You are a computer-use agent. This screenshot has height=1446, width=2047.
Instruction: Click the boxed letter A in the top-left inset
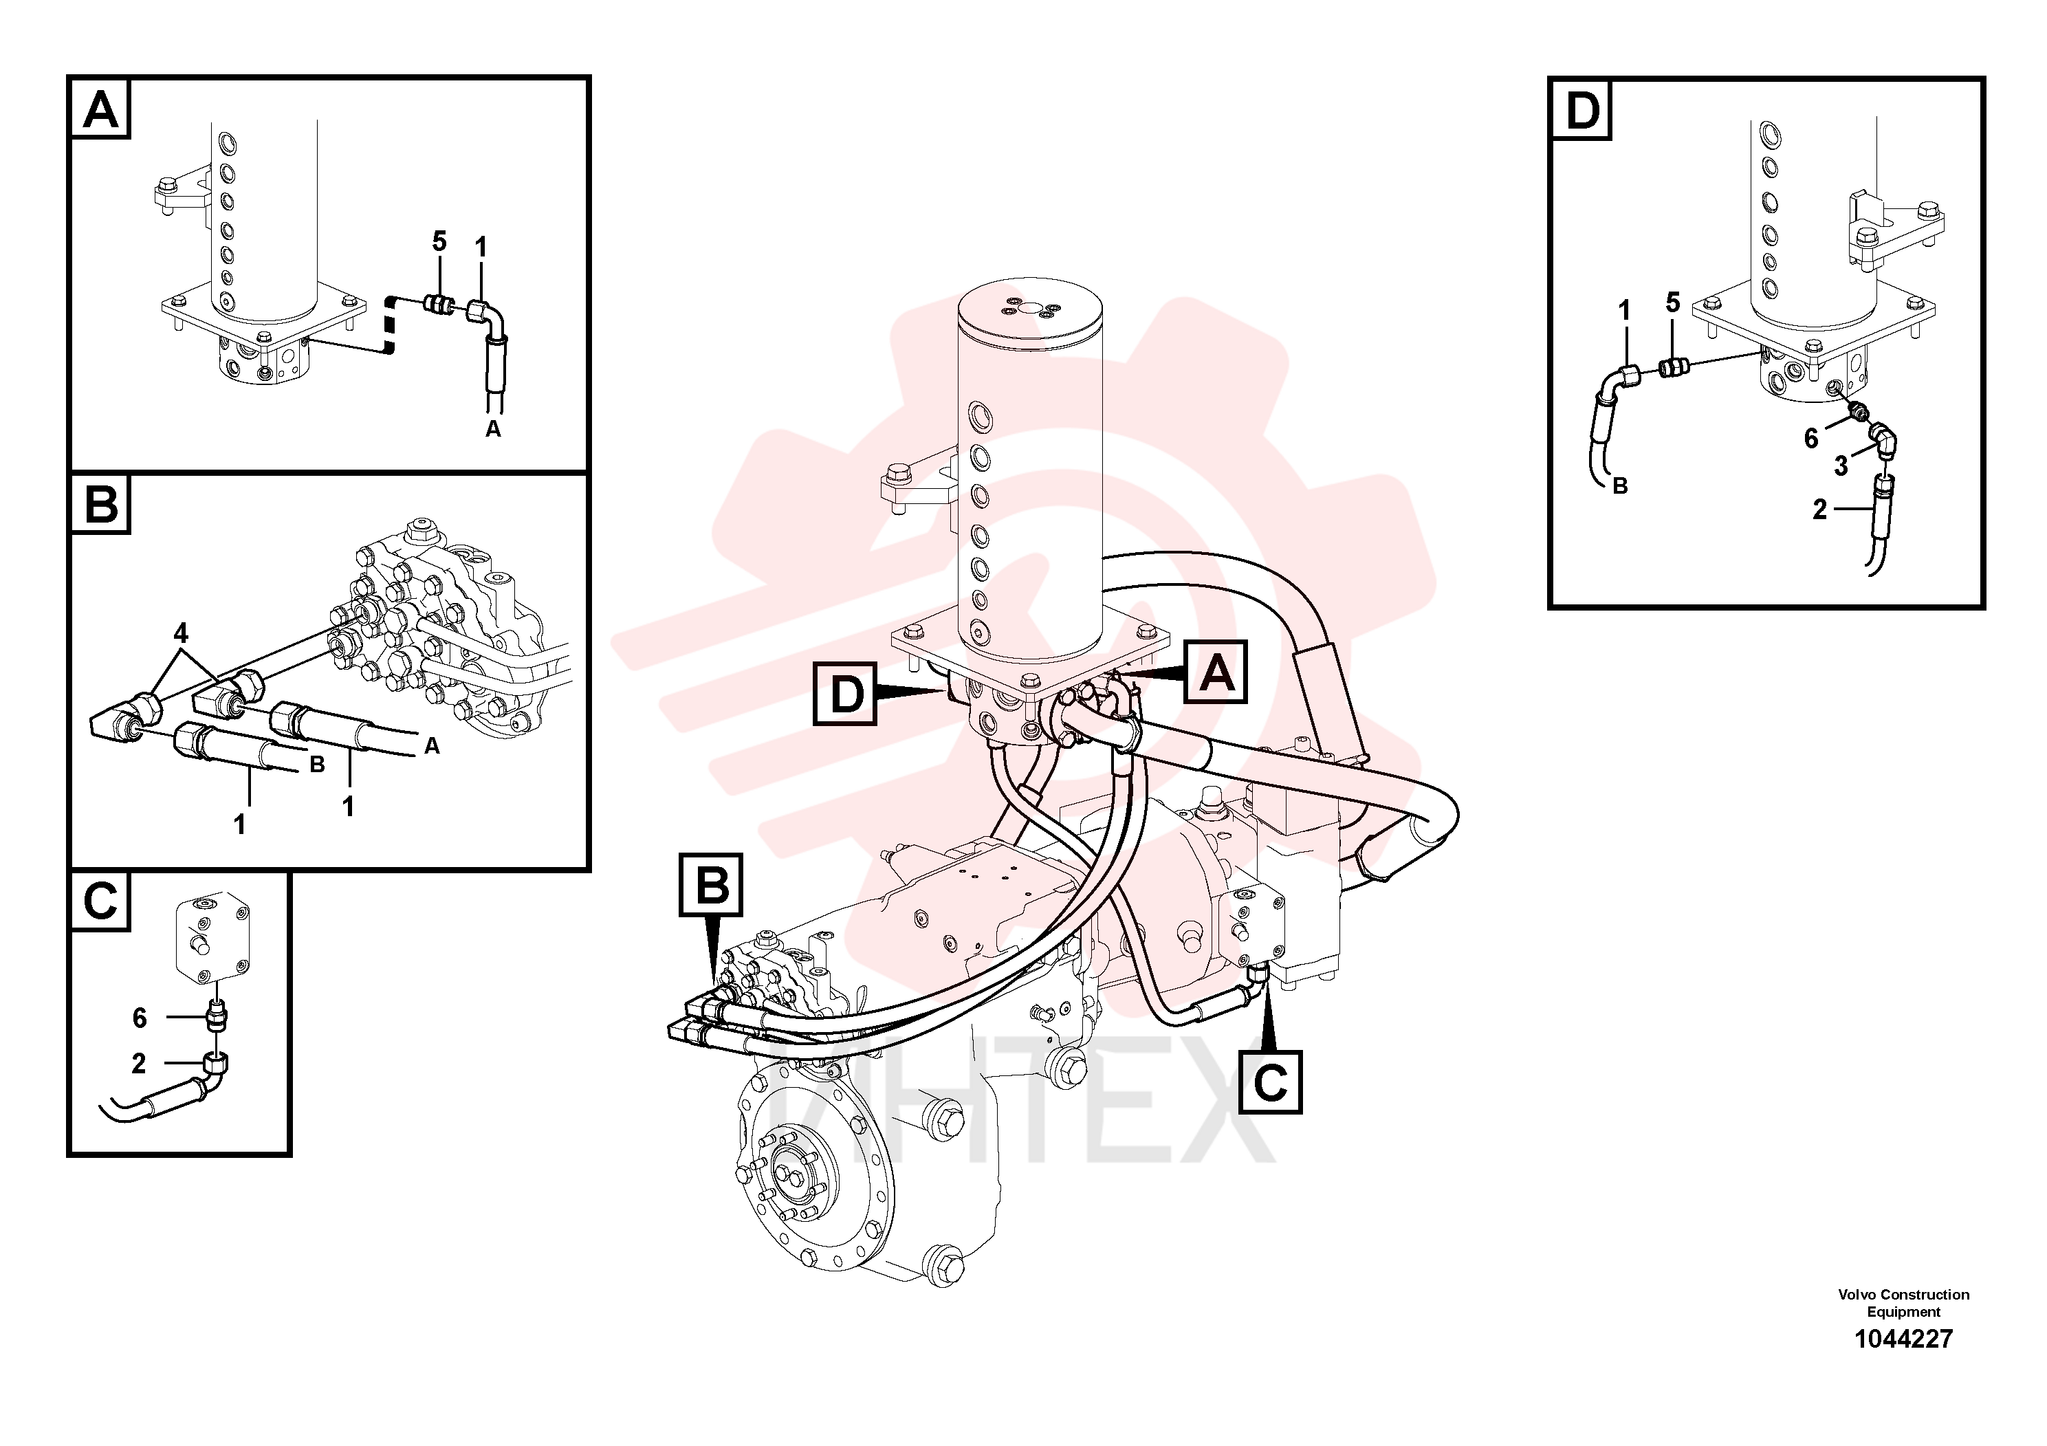coord(100,109)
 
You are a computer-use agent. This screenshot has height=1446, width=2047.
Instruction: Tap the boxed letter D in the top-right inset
coord(1581,109)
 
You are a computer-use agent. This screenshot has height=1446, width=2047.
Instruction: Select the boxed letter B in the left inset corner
coord(100,504)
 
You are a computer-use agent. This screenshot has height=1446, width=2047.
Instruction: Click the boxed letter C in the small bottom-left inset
coord(100,901)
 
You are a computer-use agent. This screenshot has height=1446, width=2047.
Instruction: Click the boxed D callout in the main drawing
coord(845,692)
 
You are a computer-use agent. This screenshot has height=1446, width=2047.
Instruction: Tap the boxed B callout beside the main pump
coord(710,884)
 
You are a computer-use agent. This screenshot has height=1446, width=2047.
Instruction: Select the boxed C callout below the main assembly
coord(1271,1082)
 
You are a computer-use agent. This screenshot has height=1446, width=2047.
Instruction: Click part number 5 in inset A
coord(439,241)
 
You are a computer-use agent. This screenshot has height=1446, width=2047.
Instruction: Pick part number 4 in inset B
coord(181,633)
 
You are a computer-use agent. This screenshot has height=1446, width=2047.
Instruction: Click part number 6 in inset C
coord(139,1017)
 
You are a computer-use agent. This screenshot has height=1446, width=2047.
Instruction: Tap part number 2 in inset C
coord(138,1062)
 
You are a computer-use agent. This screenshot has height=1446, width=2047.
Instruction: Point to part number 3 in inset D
coord(1840,465)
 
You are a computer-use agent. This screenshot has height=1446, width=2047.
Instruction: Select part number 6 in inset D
coord(1810,438)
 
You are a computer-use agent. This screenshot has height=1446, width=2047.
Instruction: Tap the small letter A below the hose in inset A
coord(493,429)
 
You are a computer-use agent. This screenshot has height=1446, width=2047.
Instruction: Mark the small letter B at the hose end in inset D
coord(1620,486)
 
